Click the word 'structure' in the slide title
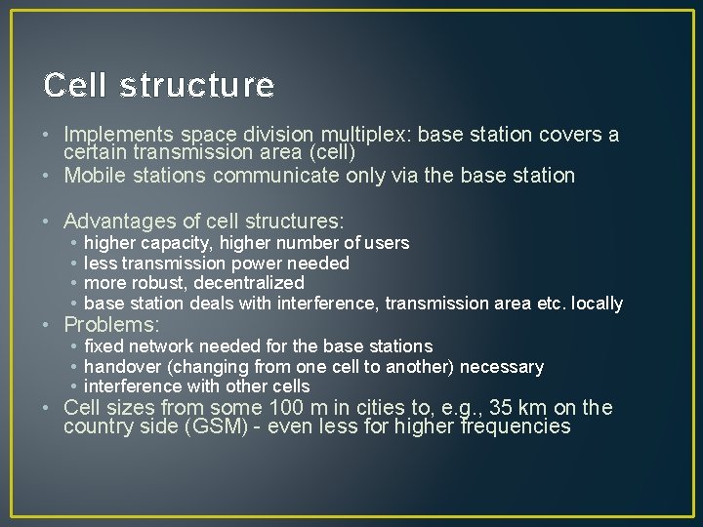196,86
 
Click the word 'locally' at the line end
597,304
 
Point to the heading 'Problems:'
111,324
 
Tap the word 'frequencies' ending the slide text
516,427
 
